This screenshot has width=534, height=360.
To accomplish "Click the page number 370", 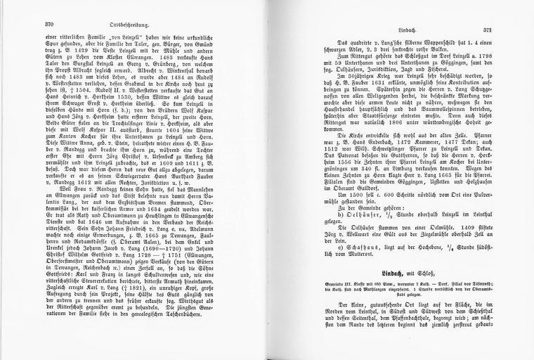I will tap(49, 22).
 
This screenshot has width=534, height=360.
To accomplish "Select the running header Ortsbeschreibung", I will tap(146, 22).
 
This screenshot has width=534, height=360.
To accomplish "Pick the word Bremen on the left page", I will tap(151, 186).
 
